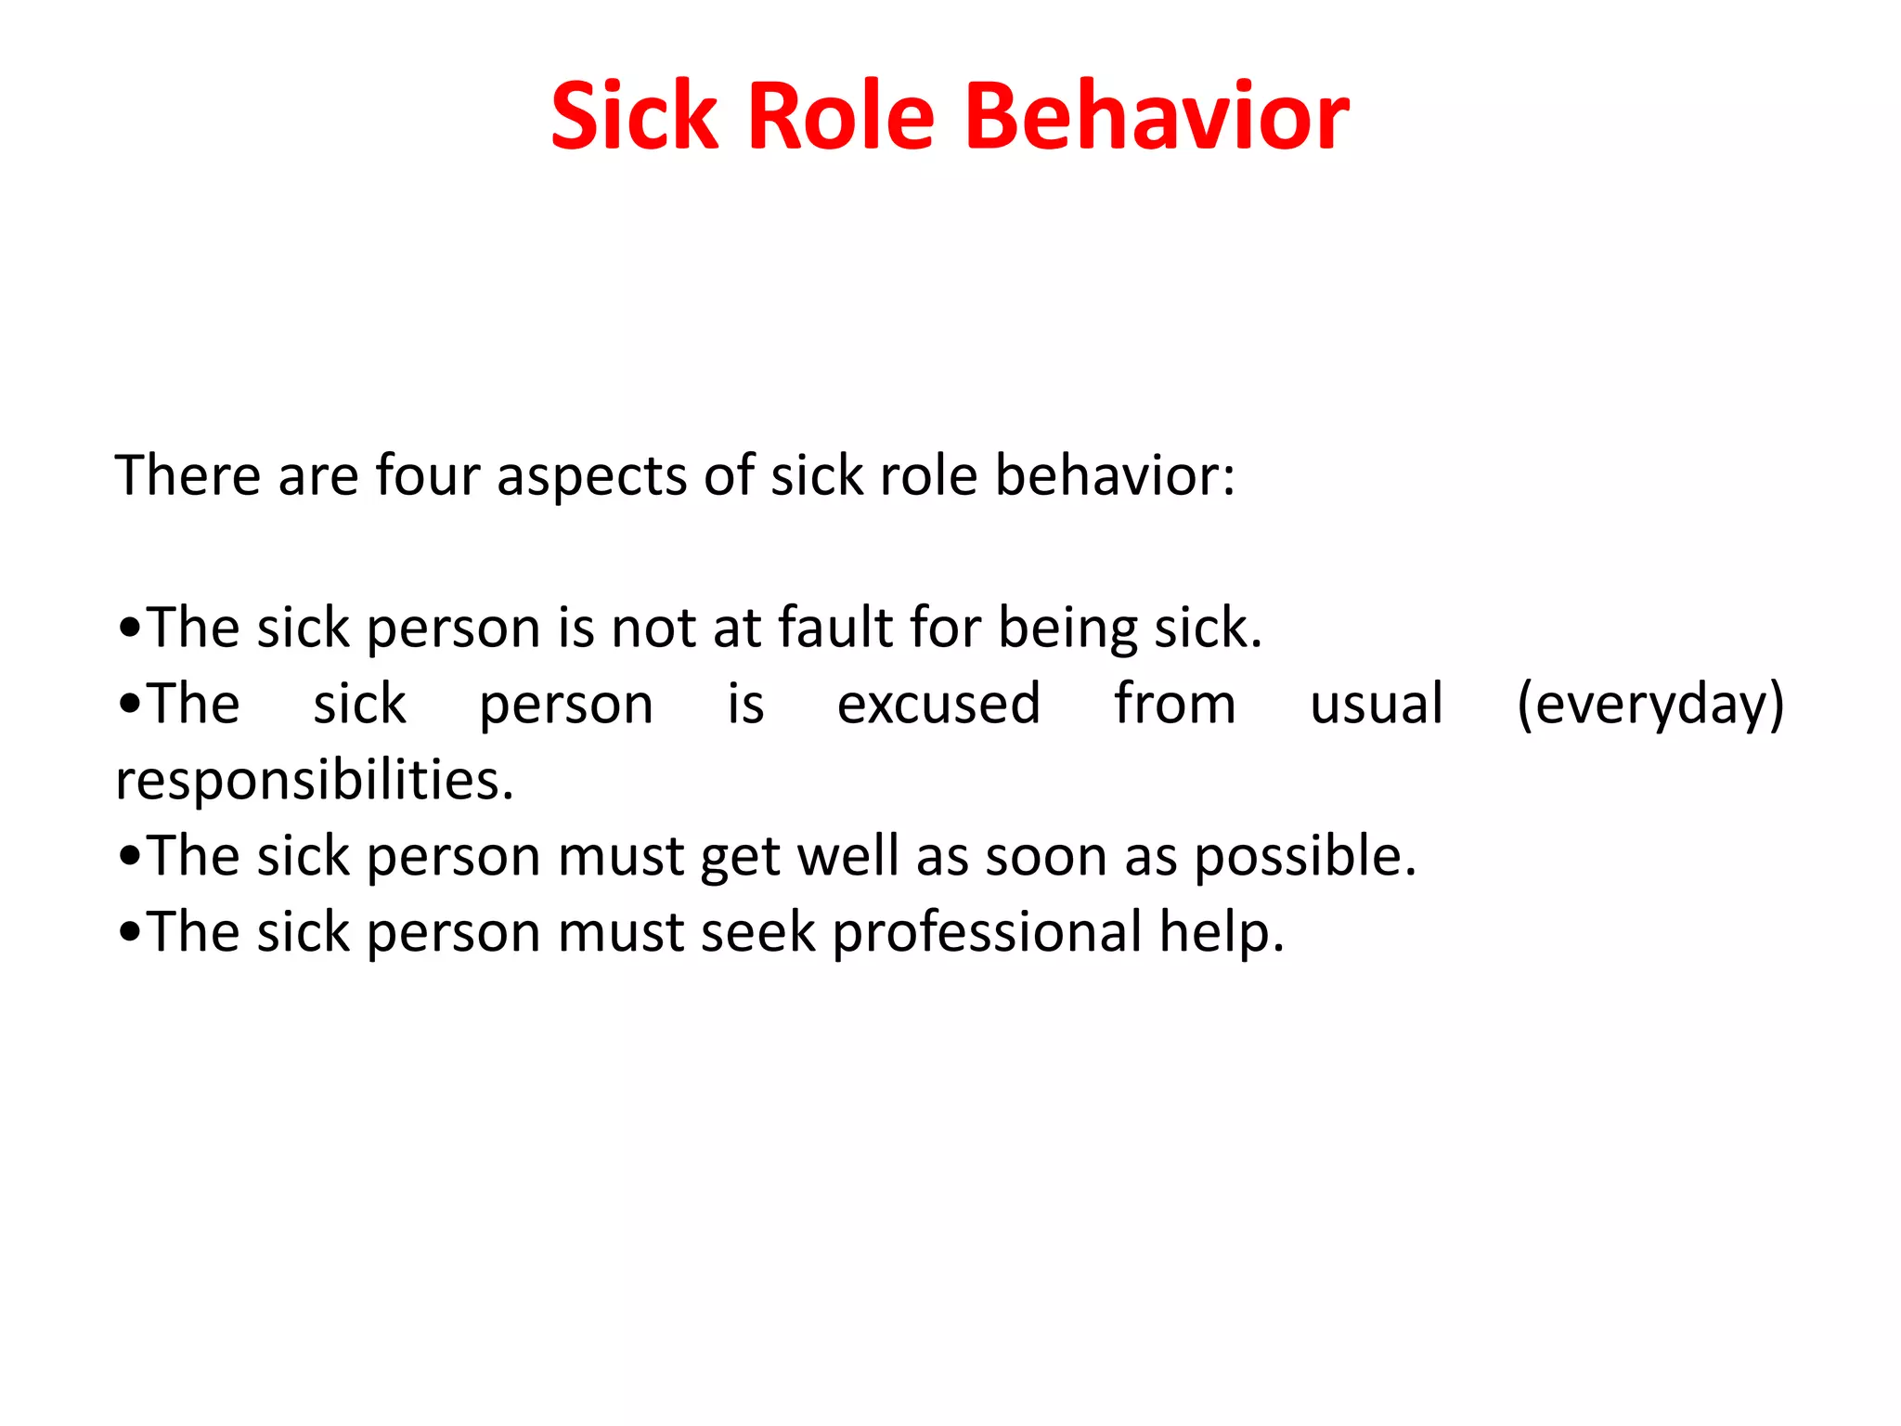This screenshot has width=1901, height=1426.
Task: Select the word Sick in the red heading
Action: (x=634, y=116)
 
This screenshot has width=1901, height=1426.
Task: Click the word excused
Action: (x=938, y=704)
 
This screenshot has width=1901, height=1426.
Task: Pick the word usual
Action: (x=1377, y=704)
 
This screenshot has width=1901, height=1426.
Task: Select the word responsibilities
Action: (x=314, y=781)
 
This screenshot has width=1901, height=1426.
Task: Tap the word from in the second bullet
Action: (x=1175, y=704)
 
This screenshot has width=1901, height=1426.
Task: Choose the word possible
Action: (x=1304, y=857)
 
